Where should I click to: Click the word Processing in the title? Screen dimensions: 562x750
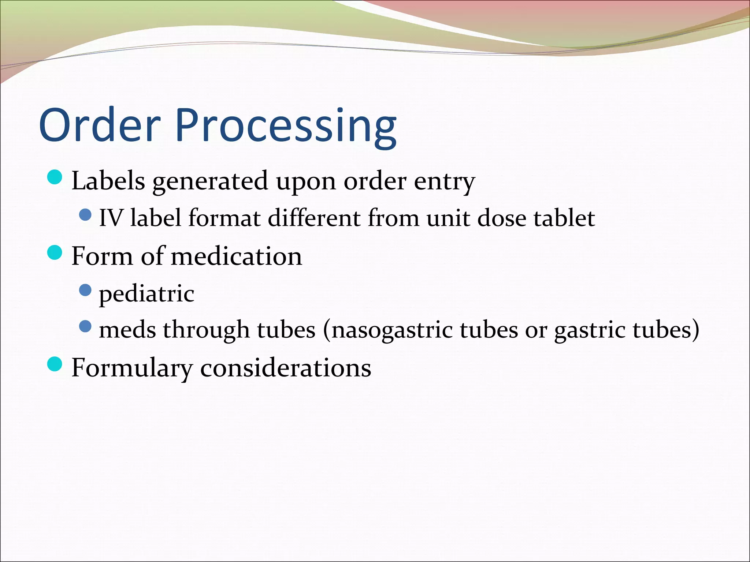click(x=286, y=126)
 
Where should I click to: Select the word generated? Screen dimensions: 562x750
click(x=210, y=182)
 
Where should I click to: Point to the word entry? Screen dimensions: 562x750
click(x=444, y=182)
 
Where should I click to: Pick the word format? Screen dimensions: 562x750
click(x=224, y=218)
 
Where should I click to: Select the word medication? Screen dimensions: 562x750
click(x=237, y=256)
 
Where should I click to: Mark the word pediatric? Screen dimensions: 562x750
click(x=146, y=294)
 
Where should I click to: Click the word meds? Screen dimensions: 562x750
click(x=127, y=329)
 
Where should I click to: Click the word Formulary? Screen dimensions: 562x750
click(x=132, y=368)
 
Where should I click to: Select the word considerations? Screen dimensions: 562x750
click(x=286, y=368)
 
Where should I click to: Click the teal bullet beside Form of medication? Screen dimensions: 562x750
click(x=55, y=252)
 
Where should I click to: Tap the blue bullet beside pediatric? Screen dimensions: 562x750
click(x=85, y=290)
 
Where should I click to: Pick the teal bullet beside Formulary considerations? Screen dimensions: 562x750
click(x=55, y=364)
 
